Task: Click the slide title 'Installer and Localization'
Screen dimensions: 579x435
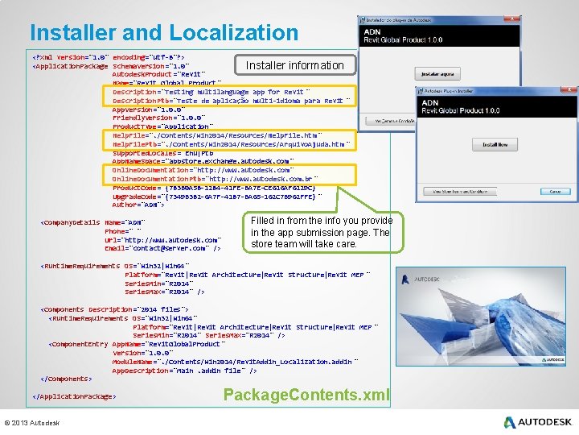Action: coord(163,33)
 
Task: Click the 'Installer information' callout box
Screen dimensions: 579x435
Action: coord(294,65)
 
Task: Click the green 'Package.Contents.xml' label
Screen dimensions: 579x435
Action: coord(306,395)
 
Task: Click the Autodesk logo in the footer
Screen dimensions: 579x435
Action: coord(538,421)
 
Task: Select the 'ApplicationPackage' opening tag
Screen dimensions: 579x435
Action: coord(71,66)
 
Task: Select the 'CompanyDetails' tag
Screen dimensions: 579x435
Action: coord(71,222)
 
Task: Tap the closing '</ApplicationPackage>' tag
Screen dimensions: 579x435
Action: coord(74,396)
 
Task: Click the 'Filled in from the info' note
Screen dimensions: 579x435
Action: coord(321,232)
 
